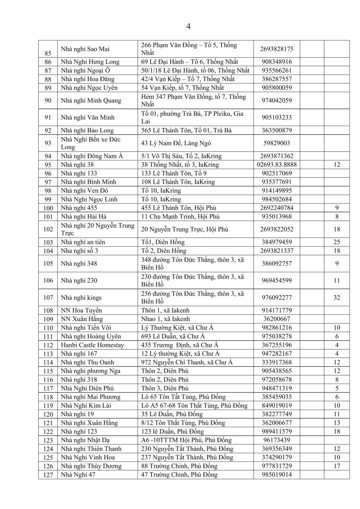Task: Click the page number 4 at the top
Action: tap(188, 27)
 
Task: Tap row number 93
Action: tap(48, 143)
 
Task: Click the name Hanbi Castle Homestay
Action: tap(93, 345)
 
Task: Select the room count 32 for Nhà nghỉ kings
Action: tap(337, 298)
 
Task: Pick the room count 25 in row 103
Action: tap(337, 242)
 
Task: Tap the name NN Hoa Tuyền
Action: tap(82, 310)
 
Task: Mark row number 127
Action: tap(48, 475)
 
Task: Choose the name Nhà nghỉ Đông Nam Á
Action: tap(92, 156)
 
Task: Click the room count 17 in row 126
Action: tap(337, 466)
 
